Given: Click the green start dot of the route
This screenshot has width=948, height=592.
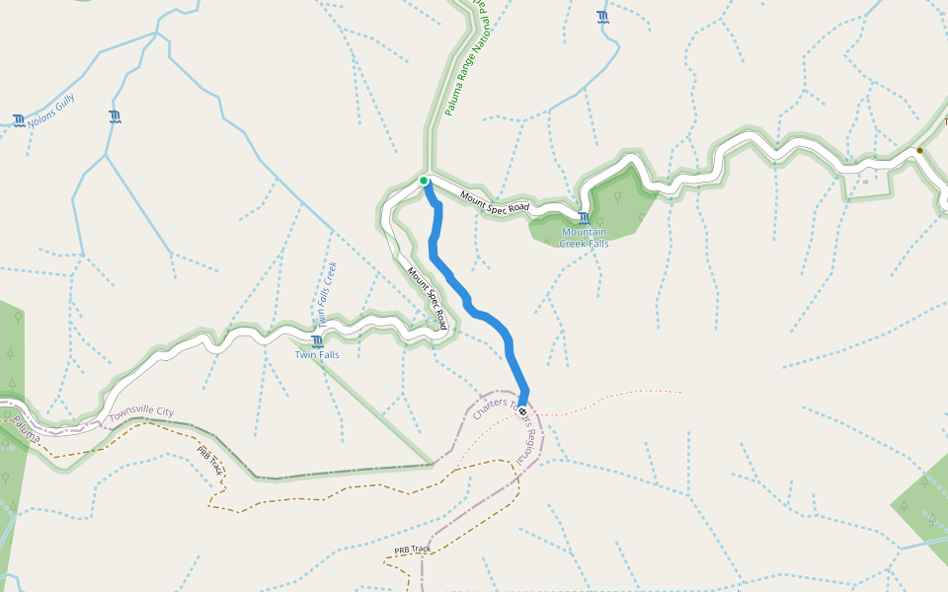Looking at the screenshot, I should tap(424, 181).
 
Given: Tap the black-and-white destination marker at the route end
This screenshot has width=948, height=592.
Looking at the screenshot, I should tap(522, 411).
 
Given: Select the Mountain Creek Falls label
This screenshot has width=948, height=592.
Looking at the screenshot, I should tap(585, 238).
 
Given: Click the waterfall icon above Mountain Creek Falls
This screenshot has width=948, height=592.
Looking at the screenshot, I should tap(584, 218).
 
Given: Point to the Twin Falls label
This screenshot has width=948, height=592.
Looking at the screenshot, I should tap(317, 354).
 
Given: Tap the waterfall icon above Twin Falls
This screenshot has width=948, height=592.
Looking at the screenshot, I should tap(316, 341).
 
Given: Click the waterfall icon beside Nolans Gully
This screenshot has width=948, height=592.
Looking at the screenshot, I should tap(19, 120).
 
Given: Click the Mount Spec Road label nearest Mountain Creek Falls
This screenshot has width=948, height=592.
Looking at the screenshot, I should tap(495, 202).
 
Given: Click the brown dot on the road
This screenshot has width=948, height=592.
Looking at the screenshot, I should tap(919, 151).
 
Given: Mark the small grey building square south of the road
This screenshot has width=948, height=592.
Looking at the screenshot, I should tap(866, 182).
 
